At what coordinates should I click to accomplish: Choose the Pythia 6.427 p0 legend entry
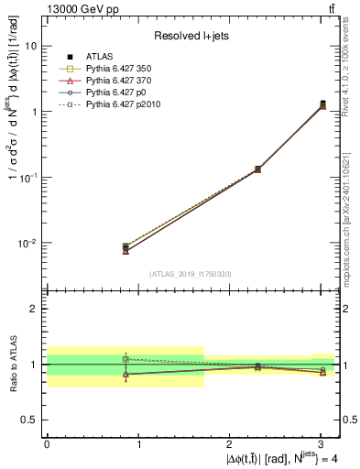click(110, 94)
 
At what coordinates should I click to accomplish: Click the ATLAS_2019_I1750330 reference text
click(191, 274)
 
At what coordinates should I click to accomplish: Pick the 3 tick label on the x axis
click(323, 444)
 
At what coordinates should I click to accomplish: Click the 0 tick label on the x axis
click(47, 444)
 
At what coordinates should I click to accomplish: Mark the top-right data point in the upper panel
click(322, 104)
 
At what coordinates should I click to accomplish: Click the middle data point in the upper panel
click(257, 169)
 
